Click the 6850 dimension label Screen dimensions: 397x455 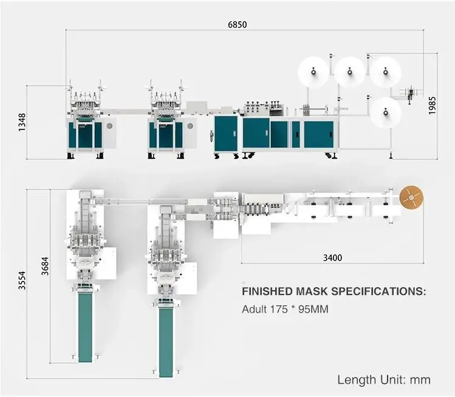238,25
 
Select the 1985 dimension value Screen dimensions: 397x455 432,106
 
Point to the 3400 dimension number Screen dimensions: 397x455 332,257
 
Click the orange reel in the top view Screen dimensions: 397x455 411,198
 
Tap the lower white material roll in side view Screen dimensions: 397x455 386,112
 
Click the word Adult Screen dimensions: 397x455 254,310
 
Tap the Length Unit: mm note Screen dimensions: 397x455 384,380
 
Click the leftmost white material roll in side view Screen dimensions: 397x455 313,73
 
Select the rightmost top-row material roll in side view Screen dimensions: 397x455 386,72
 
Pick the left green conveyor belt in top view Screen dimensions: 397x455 85,326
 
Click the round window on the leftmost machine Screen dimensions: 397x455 110,126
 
